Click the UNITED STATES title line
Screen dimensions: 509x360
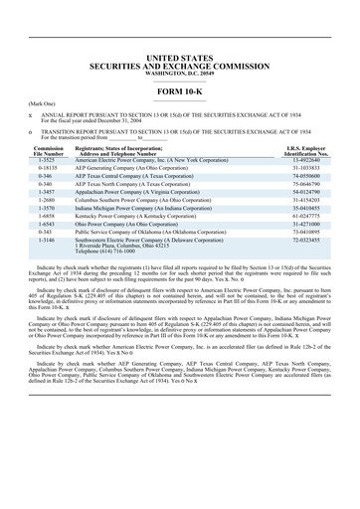[x=180, y=33]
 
